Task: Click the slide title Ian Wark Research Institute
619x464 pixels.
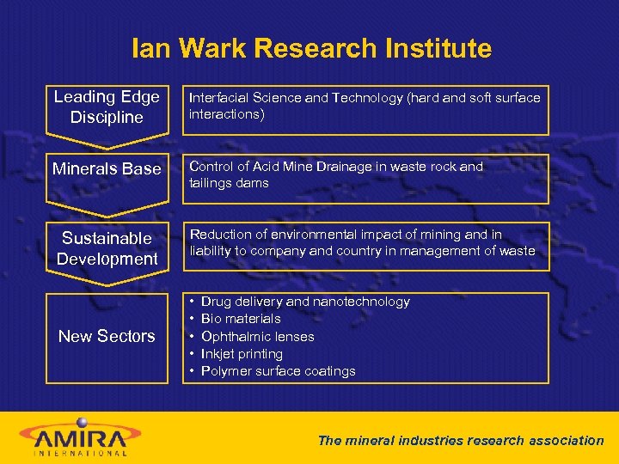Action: tap(311, 48)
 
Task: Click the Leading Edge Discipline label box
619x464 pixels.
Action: tap(107, 107)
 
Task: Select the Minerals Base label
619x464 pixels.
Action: tap(107, 169)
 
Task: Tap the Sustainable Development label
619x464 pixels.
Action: tap(107, 248)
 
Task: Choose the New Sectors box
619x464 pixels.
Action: tap(107, 336)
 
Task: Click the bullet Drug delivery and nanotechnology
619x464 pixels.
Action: tap(305, 302)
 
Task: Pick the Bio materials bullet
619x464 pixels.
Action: tap(241, 319)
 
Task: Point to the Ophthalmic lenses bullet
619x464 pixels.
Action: tap(257, 336)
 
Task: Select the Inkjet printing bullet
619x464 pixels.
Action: tap(242, 353)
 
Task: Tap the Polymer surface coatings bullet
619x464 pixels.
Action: tap(278, 371)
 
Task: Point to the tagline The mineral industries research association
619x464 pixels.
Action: tap(461, 440)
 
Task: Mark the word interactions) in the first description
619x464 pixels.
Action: tap(226, 114)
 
